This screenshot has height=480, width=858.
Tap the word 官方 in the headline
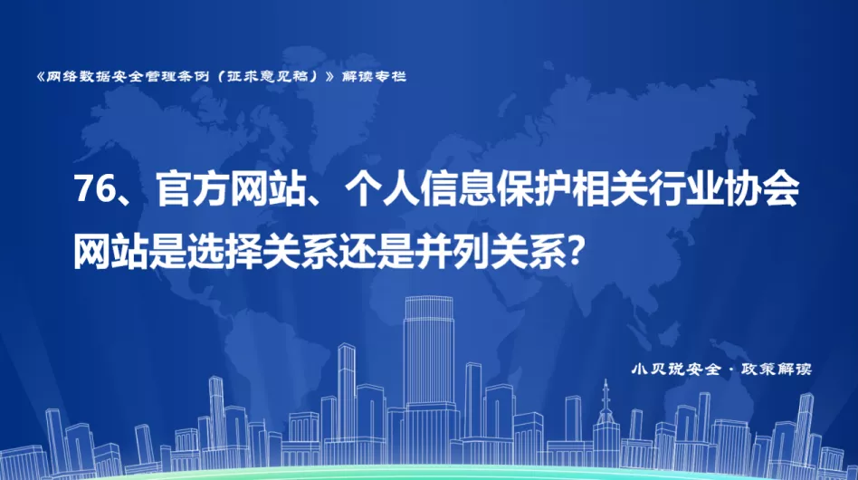[x=193, y=189]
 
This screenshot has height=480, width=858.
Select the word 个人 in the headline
[x=381, y=189]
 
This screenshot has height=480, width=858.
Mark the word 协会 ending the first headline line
[x=762, y=189]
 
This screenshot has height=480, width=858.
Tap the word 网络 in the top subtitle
[x=61, y=76]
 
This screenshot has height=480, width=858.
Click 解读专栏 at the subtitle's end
[x=375, y=76]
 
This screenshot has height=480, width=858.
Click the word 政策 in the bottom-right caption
[x=758, y=369]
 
